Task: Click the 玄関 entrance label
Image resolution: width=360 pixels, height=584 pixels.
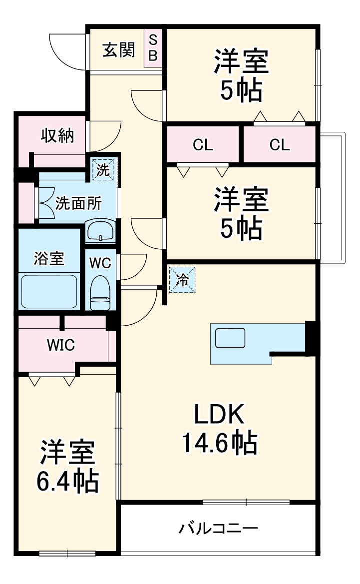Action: pos(118,50)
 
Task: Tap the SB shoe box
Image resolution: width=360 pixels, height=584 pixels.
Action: pos(152,48)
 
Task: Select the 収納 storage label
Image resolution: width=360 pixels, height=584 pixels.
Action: pos(57,135)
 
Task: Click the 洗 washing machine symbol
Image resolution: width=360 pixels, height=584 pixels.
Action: pos(103,169)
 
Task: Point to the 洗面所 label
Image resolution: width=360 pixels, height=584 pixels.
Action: pos(78,203)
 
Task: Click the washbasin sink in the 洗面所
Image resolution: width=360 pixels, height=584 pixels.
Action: pos(100,232)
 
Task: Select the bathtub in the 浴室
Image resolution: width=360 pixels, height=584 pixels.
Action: pos(49,291)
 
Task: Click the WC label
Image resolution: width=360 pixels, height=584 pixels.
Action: pos(100,263)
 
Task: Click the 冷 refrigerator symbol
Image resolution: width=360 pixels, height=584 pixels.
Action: pos(182,280)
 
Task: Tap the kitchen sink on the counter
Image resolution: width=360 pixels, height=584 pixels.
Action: pos(230,338)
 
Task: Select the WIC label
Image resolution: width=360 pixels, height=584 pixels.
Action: pos(61,344)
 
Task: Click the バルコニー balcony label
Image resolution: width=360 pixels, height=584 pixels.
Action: pos(218,528)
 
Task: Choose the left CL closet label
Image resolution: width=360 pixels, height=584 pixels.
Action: pos(203,145)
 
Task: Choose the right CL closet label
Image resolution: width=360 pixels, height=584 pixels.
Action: pos(279,145)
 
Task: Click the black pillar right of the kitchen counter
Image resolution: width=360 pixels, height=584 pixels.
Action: pos(310,339)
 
